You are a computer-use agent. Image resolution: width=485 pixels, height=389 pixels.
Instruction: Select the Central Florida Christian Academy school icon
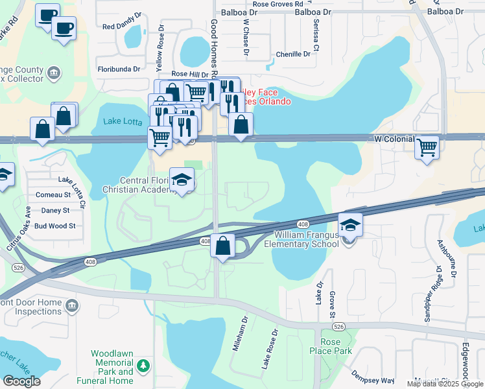click(x=182, y=180)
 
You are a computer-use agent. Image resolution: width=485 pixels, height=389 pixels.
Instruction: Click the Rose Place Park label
click(x=335, y=346)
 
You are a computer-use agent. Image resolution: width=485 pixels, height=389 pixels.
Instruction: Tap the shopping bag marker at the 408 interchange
click(x=222, y=246)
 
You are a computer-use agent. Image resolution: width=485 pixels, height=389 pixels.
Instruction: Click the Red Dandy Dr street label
click(x=122, y=27)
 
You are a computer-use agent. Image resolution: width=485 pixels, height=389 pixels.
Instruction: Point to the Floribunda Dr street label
click(x=119, y=68)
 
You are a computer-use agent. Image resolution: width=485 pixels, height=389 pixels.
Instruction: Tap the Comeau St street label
click(x=53, y=194)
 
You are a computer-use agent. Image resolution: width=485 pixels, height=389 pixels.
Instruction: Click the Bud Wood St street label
click(x=55, y=226)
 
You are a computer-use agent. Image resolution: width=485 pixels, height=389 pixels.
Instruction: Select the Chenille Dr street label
click(x=293, y=54)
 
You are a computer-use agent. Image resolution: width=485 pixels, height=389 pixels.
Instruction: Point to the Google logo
click(x=21, y=381)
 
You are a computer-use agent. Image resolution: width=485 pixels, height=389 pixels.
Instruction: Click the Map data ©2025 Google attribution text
click(x=444, y=384)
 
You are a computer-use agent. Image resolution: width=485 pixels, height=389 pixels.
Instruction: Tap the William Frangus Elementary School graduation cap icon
click(x=350, y=225)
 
